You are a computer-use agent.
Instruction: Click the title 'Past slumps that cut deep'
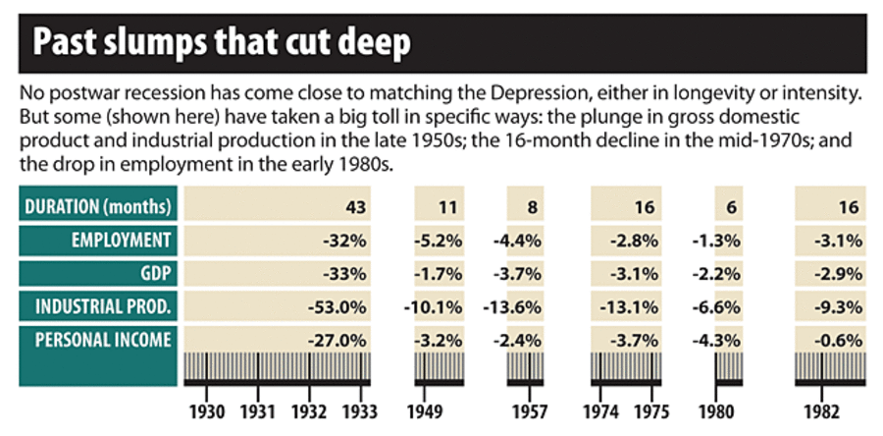(222, 43)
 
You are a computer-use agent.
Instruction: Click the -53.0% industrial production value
(338, 307)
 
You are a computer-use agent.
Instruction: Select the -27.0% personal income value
(338, 341)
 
